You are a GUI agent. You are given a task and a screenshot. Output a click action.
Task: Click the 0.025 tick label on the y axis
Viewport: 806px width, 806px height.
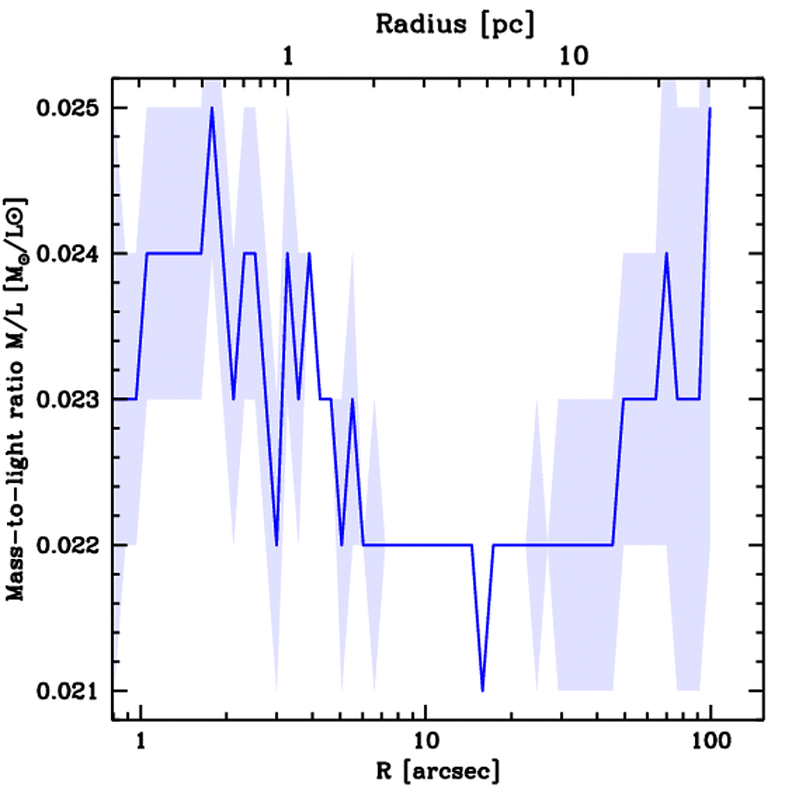pos(65,108)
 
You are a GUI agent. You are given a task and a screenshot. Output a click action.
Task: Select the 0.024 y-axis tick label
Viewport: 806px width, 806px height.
pos(65,254)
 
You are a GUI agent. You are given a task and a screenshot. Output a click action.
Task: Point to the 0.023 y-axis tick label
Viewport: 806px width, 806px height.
pos(65,400)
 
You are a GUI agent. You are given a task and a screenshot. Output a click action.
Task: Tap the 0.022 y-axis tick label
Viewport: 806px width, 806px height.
pos(65,545)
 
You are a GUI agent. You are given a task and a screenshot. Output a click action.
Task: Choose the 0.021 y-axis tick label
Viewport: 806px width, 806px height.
pos(65,691)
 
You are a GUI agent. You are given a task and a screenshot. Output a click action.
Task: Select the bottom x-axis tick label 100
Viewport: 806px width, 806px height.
pos(711,742)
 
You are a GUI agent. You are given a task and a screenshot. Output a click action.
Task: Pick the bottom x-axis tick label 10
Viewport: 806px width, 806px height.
pos(426,742)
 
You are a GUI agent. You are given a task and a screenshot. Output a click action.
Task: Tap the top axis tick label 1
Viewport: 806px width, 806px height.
pos(289,57)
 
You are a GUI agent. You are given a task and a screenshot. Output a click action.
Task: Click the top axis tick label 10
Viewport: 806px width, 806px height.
pos(574,57)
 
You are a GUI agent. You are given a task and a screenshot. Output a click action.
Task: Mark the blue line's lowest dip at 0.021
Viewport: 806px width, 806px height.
pos(482,690)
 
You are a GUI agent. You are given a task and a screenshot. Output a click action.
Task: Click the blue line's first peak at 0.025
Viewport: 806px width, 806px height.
pos(212,109)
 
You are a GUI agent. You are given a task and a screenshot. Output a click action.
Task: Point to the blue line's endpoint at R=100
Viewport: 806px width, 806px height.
pos(710,109)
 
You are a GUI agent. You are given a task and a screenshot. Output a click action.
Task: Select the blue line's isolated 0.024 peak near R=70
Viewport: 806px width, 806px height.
pos(667,254)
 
